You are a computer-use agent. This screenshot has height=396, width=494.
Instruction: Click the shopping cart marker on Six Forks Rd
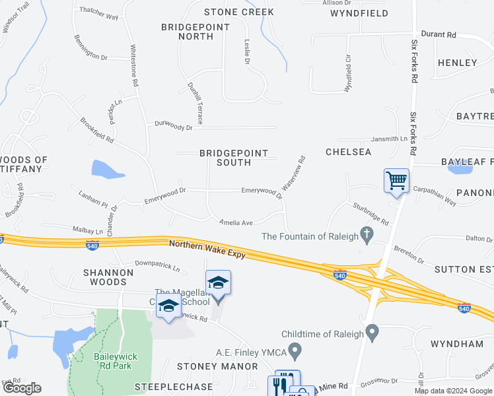(x=396, y=180)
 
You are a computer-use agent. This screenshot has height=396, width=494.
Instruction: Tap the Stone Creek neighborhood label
(x=238, y=12)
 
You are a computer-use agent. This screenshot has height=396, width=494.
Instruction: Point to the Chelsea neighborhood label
(x=348, y=152)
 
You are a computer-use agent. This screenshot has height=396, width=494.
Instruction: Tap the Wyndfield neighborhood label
(x=359, y=13)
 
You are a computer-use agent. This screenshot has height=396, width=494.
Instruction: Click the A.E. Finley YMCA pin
(x=295, y=348)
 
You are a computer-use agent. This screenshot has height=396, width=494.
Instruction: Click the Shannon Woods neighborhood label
(x=108, y=277)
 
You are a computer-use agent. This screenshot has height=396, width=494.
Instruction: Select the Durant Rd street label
(x=439, y=34)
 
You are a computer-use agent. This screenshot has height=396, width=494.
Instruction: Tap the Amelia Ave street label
(x=237, y=223)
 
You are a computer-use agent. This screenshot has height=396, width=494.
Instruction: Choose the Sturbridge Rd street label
(x=370, y=214)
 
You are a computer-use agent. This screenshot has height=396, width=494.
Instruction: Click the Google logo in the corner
(x=22, y=388)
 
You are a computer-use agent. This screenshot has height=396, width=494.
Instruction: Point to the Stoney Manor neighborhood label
(x=217, y=366)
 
